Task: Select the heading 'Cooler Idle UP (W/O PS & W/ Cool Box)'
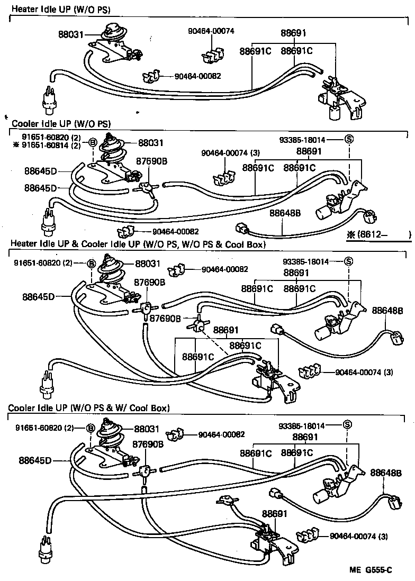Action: tap(88, 408)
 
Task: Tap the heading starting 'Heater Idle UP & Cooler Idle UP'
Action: tap(137, 244)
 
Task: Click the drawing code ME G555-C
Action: tap(371, 570)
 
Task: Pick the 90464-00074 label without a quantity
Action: tap(211, 31)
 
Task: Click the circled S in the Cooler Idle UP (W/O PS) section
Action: tap(349, 140)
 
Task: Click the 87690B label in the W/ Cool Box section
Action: tap(149, 444)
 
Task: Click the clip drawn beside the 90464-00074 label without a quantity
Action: tap(213, 52)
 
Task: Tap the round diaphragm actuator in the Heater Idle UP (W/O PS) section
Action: tap(113, 31)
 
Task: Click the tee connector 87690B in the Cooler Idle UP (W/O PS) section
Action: tap(145, 187)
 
